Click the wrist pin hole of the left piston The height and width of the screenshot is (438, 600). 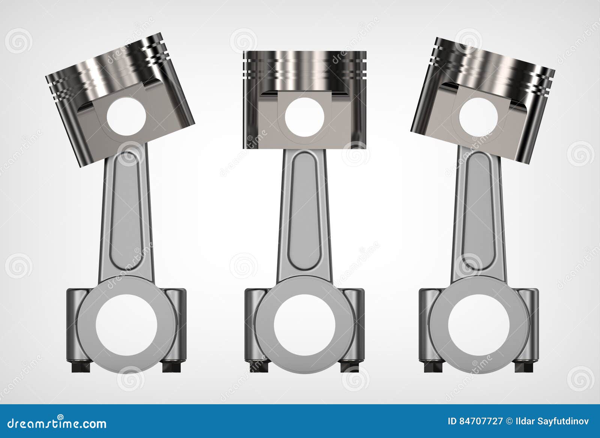tap(126, 117)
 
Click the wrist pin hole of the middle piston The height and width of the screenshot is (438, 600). tap(304, 117)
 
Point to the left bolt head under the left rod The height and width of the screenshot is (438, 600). tap(80, 366)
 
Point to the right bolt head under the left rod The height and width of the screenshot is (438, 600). tap(172, 366)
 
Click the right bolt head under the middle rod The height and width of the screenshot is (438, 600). tap(350, 366)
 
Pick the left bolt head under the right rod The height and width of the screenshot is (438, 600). tap(432, 366)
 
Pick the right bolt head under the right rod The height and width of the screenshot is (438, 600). tap(524, 366)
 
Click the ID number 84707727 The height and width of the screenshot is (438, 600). tap(481, 421)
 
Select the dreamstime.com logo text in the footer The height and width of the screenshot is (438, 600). tap(57, 423)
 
